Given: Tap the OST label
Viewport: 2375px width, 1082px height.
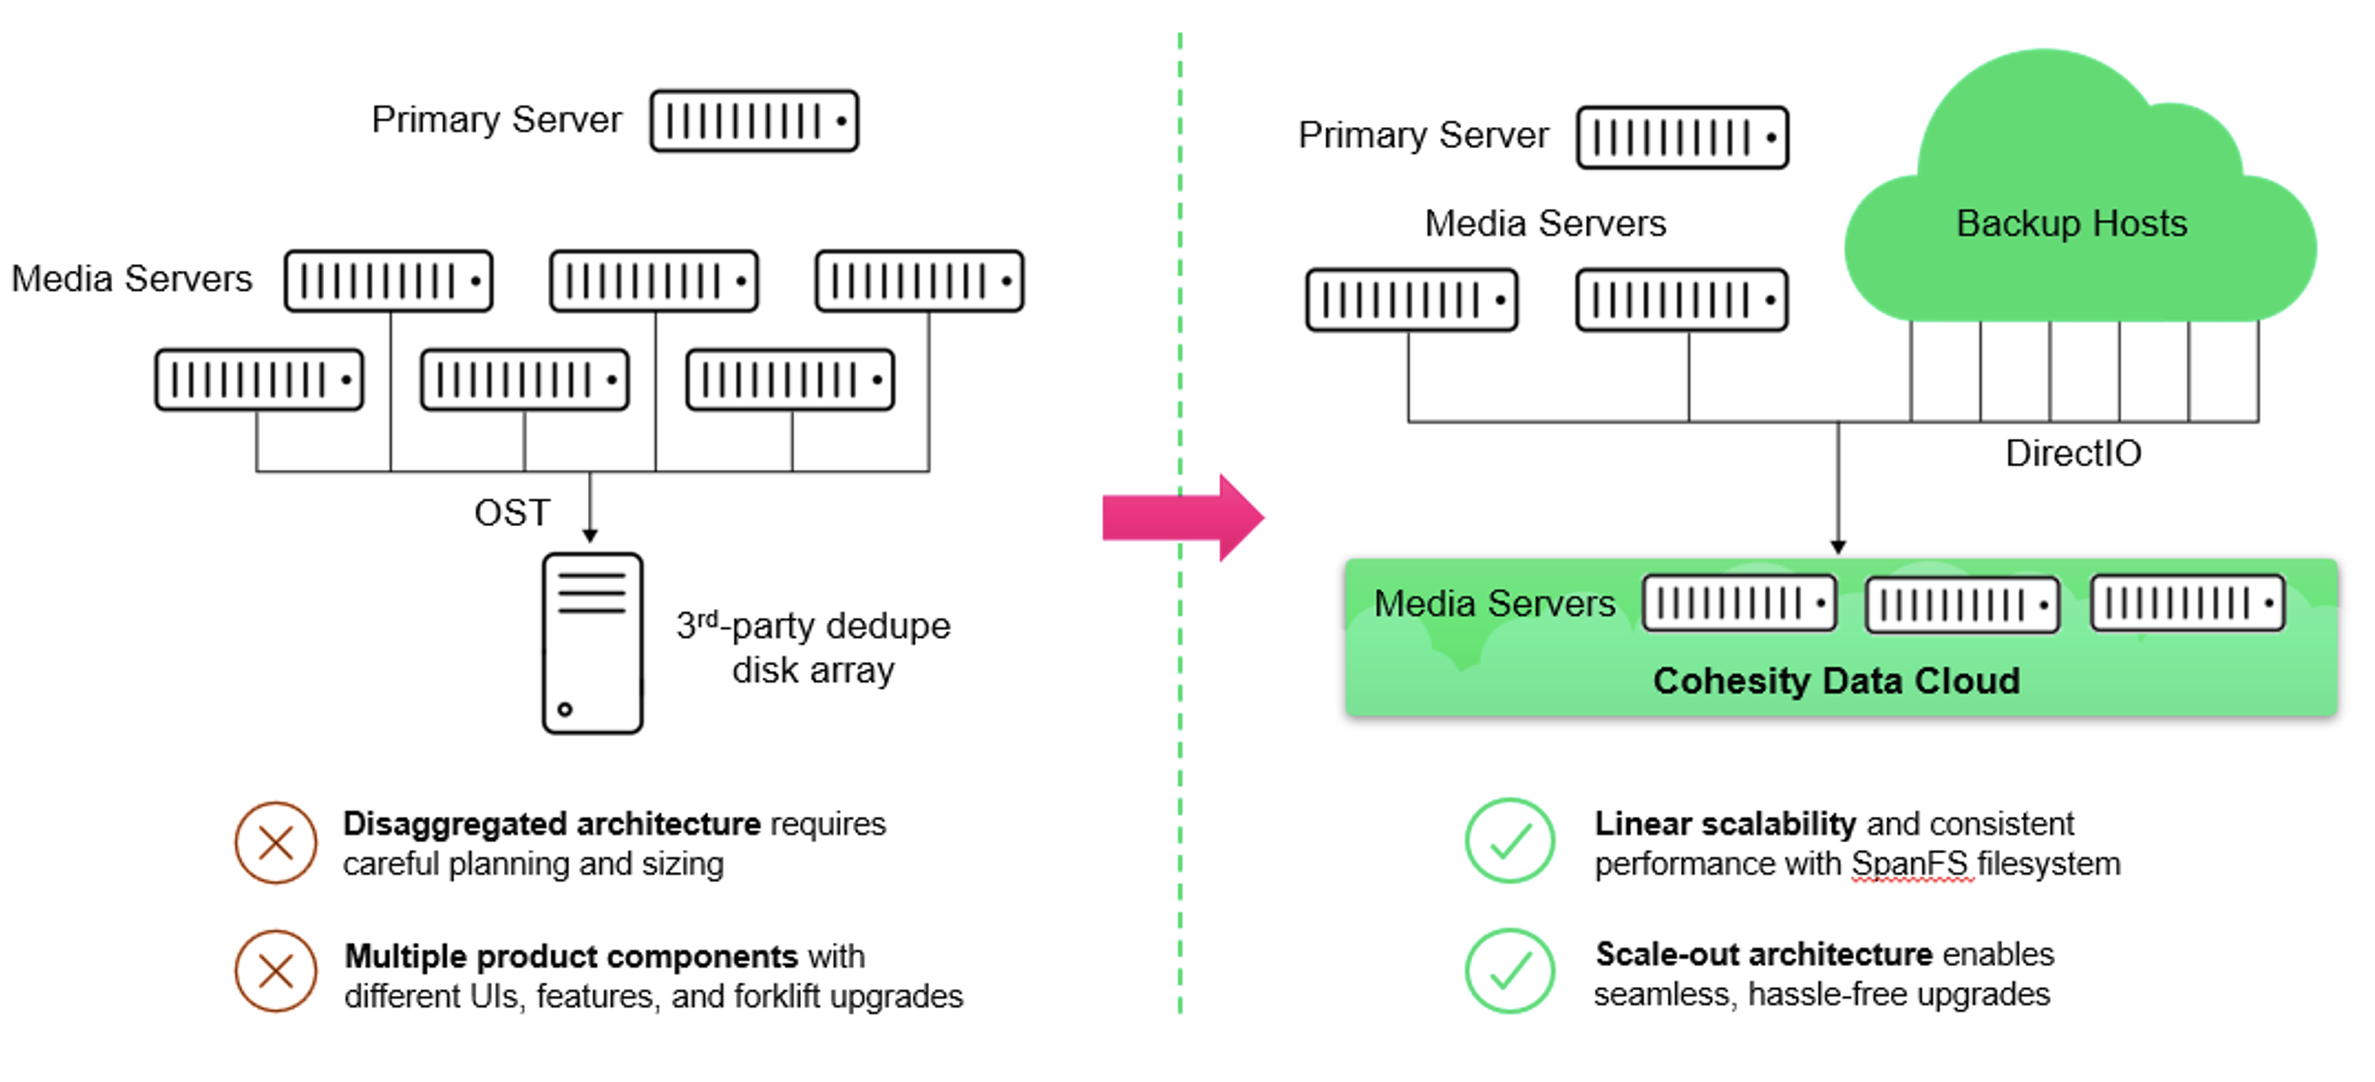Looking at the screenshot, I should point(512,513).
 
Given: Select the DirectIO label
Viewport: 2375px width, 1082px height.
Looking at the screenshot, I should point(2073,454).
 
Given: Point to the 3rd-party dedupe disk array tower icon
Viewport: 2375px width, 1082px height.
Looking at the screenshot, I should point(593,643).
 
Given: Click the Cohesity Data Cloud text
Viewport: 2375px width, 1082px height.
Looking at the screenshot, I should point(1836,681).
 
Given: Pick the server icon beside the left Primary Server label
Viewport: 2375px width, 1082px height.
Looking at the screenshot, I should point(754,121).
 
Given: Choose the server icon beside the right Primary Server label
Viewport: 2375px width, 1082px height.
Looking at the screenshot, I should point(1682,138).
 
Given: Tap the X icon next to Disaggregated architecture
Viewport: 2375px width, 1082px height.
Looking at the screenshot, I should point(276,843).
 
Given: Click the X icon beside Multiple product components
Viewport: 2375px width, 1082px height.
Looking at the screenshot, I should point(276,971).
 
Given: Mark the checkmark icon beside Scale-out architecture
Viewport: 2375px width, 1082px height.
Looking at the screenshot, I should point(1510,971).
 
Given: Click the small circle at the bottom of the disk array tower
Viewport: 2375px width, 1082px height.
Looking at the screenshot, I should point(565,710).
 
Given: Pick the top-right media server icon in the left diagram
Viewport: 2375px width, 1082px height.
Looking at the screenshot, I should point(919,281).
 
